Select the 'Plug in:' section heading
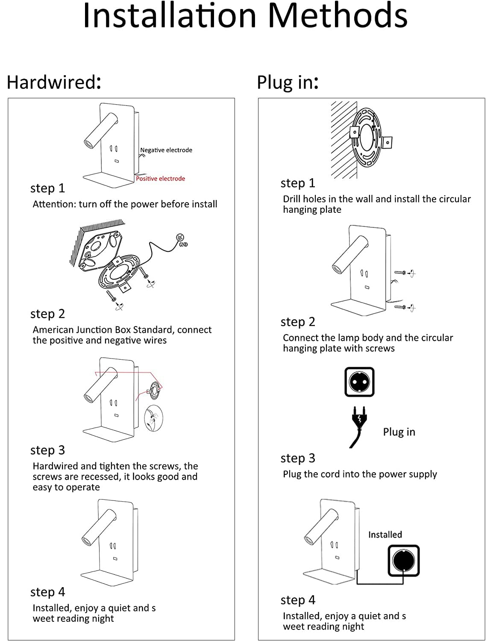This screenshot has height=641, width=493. tap(288, 82)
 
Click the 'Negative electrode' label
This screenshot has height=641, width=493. tap(166, 150)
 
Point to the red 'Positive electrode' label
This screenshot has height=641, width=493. tap(160, 179)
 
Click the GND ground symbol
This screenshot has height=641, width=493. tap(180, 237)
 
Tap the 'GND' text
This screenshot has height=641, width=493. tap(183, 244)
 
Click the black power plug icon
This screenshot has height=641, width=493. tap(359, 426)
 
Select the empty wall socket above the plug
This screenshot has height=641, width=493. tap(359, 382)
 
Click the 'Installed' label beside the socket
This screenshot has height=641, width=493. tap(385, 535)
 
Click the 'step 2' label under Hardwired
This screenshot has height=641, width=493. tap(47, 314)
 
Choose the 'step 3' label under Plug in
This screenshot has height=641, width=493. tap(298, 459)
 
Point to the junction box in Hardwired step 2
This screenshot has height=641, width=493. tap(100, 251)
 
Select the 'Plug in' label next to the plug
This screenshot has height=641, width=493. tap(399, 432)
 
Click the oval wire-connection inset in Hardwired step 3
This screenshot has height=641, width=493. tap(153, 418)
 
